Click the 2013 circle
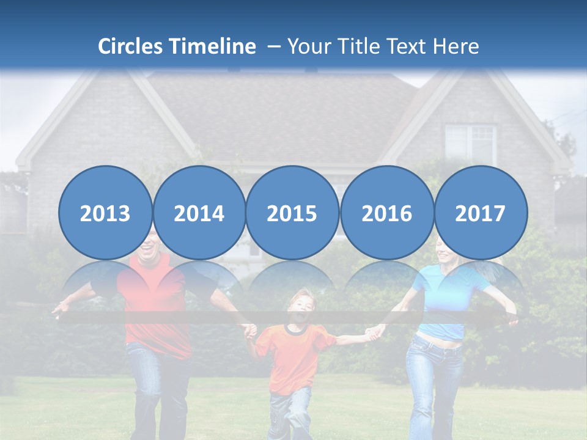(x=105, y=213)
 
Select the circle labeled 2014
(x=199, y=213)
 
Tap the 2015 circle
(x=292, y=213)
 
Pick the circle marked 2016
(x=386, y=213)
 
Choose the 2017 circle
(x=480, y=213)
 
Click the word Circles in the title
(x=131, y=46)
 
